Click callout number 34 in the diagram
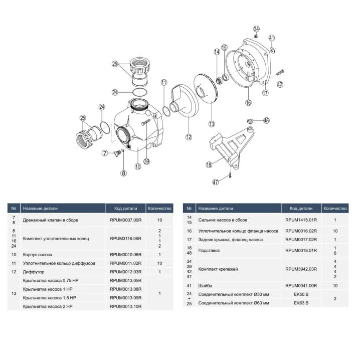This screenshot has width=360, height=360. point(256,29)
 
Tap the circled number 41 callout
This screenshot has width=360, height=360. point(272,38)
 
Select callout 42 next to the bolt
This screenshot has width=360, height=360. point(280,84)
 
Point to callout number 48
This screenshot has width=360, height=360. point(266,120)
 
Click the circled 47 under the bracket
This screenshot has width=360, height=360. point(216,182)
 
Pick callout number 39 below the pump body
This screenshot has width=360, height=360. point(146,161)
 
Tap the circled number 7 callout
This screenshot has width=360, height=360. point(105,153)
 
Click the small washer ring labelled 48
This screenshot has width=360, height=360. point(250,120)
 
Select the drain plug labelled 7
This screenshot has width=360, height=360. point(117,152)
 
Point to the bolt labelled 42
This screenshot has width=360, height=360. point(280,72)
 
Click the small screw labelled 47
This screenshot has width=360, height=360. point(230,175)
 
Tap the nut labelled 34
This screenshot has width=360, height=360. point(256,36)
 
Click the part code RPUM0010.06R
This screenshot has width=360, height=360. point(125,254)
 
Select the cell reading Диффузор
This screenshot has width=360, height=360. point(34,272)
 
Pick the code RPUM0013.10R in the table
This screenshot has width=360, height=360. point(125,306)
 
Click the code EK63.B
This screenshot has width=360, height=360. point(301,303)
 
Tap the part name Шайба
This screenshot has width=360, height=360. point(205,286)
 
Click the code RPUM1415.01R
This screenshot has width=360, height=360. point(301,220)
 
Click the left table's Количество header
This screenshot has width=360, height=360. point(159,209)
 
